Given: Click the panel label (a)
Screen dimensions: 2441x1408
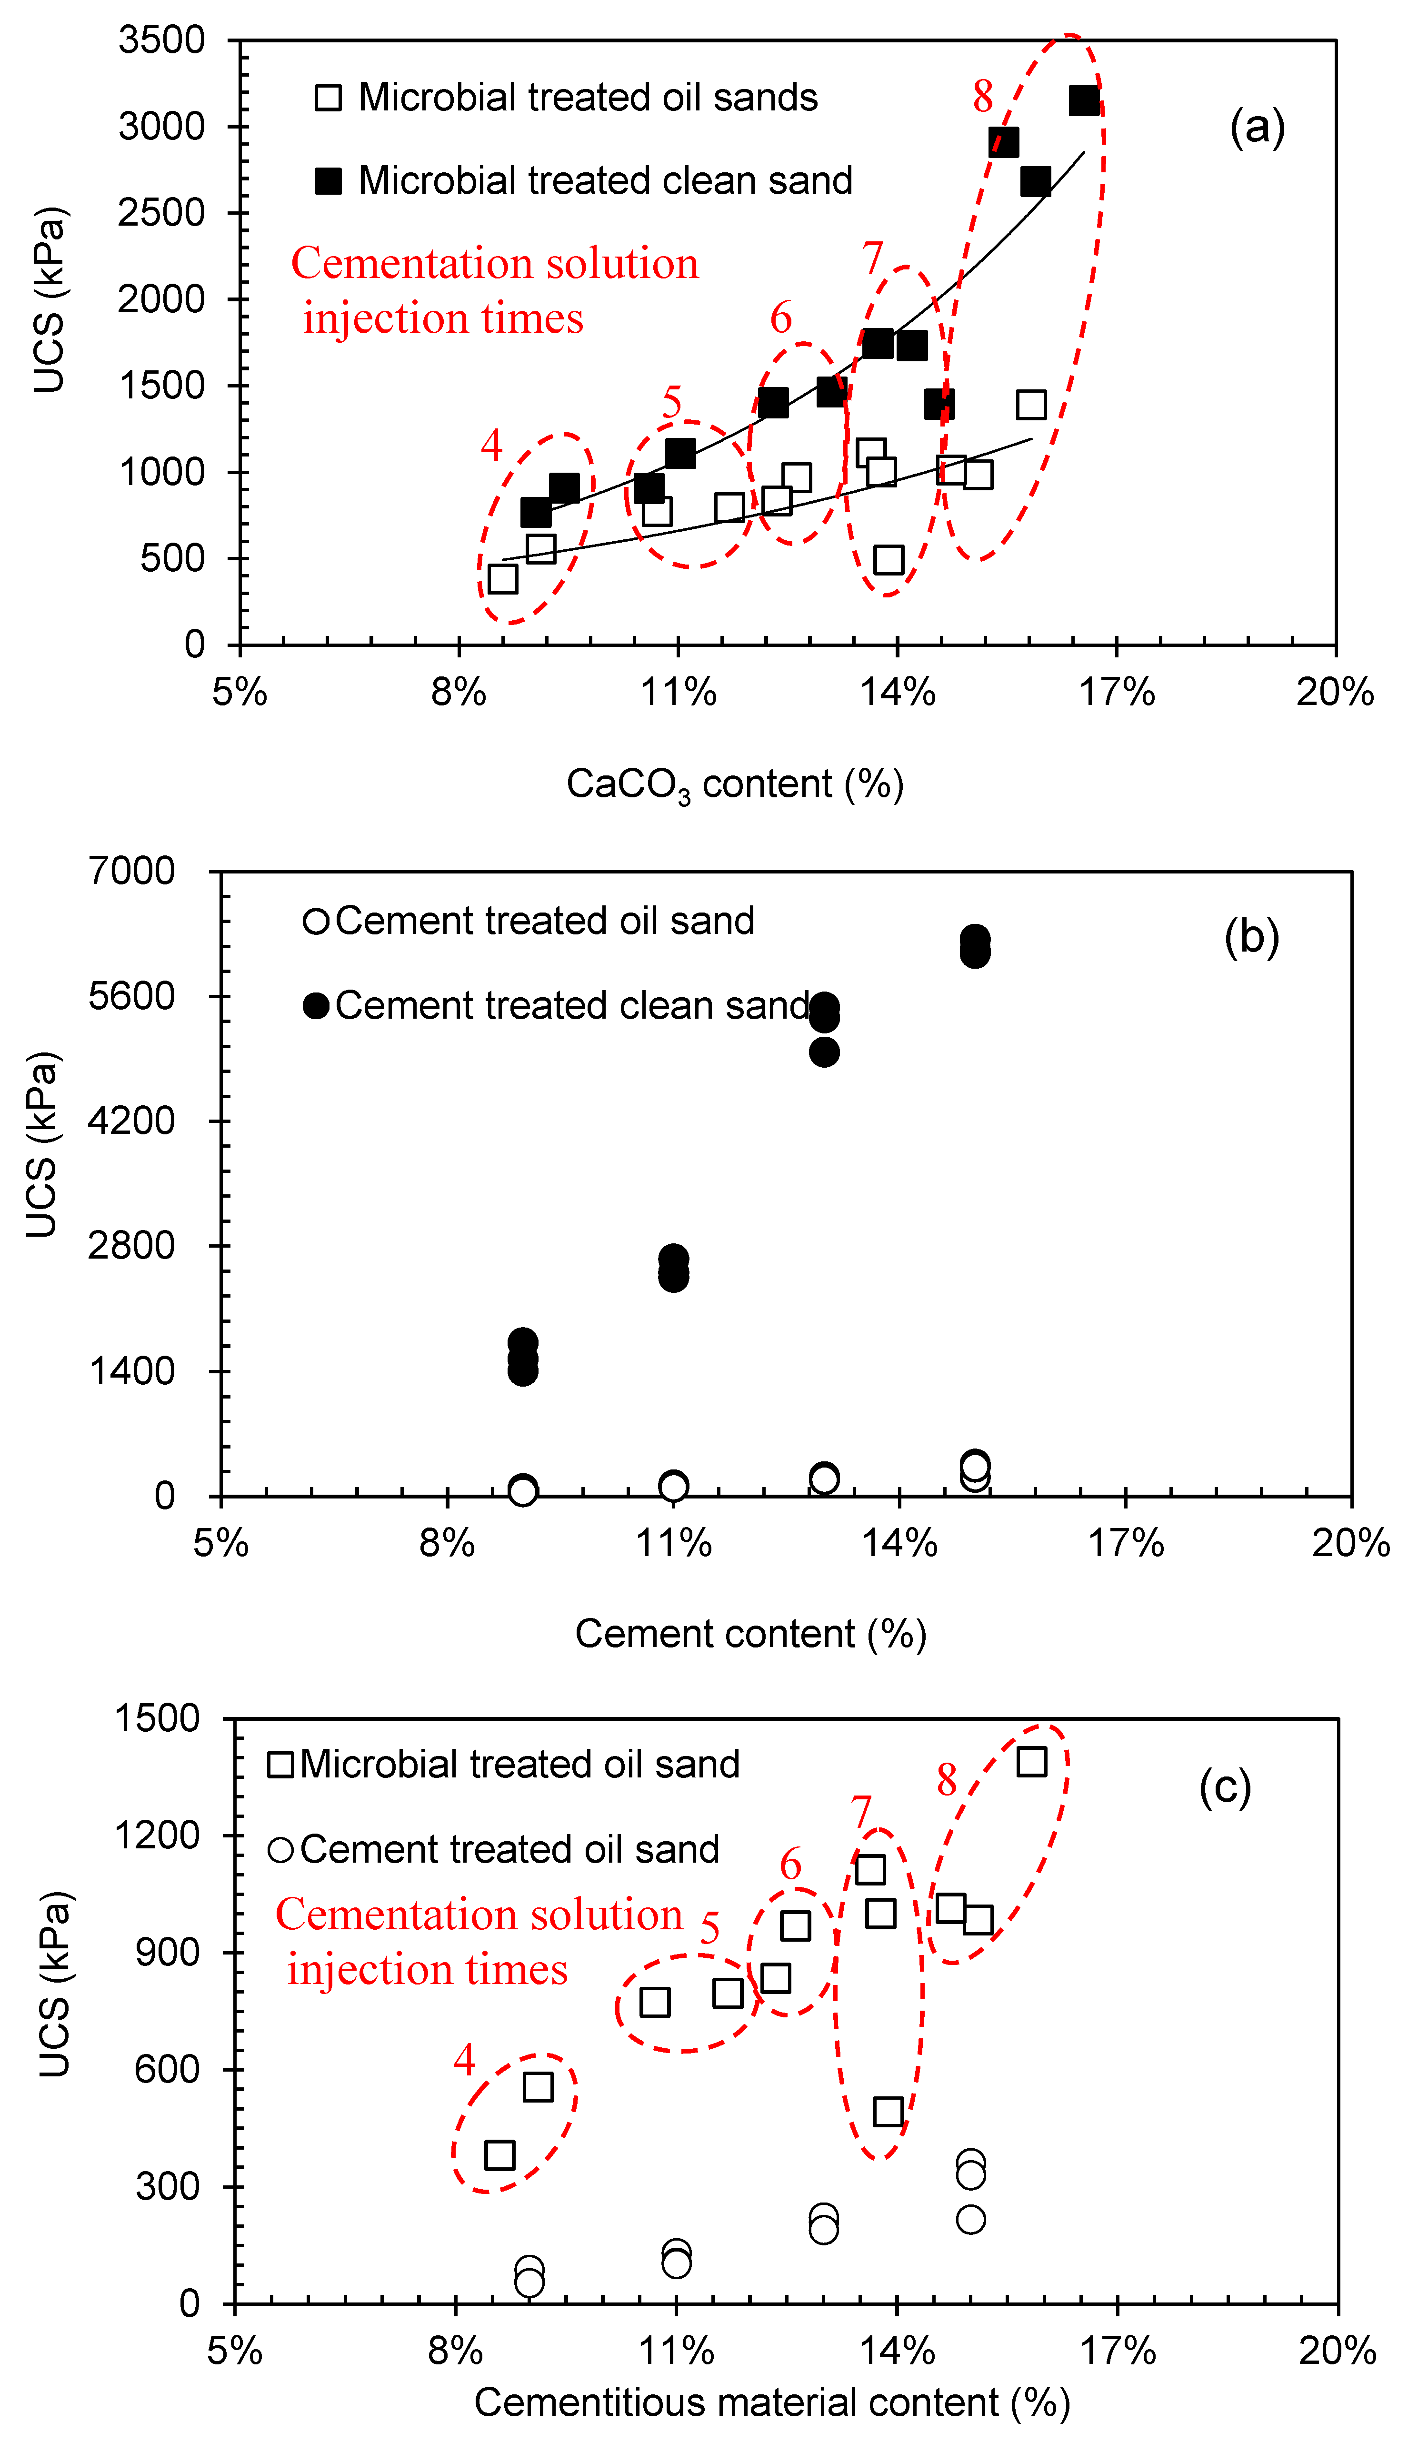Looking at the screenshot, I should click(1257, 127).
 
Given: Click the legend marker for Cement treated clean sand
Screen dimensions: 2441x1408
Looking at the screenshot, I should click(316, 1005).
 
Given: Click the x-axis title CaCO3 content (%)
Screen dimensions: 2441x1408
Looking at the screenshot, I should click(735, 784).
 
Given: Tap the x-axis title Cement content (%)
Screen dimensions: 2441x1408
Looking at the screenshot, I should click(750, 1634).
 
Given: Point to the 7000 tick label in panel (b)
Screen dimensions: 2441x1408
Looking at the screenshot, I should click(132, 871).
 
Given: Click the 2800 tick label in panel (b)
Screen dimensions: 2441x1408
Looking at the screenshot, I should click(132, 1245).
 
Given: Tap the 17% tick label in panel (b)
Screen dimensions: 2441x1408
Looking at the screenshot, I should click(1126, 1544).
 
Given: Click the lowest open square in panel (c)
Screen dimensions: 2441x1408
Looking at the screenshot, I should click(500, 2174).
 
